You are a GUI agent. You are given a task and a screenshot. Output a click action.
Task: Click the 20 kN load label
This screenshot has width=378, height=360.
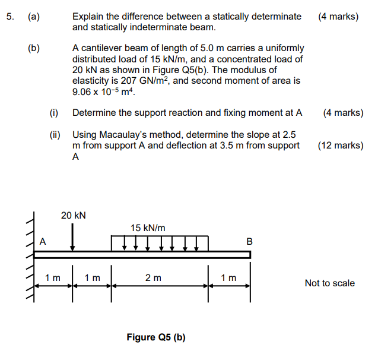click(x=73, y=215)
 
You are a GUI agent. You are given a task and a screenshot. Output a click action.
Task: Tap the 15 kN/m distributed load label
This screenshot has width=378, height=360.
click(x=148, y=228)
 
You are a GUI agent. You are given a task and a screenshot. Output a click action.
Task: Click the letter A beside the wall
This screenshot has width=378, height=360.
click(x=43, y=241)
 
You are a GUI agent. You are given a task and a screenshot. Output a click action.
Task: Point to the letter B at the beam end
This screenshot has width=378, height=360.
click(x=249, y=241)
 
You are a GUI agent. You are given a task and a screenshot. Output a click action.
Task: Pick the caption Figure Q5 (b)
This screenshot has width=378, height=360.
click(x=156, y=337)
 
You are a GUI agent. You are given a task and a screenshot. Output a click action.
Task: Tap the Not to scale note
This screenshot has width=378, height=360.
click(x=329, y=283)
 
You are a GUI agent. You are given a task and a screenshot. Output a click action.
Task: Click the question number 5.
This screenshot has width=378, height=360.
click(x=10, y=17)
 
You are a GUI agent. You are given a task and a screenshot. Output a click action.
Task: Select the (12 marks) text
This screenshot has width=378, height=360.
click(x=341, y=145)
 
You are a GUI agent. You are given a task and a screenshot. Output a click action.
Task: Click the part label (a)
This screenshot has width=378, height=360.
click(x=34, y=17)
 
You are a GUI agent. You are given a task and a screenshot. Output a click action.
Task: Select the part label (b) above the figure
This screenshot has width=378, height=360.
click(x=34, y=48)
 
